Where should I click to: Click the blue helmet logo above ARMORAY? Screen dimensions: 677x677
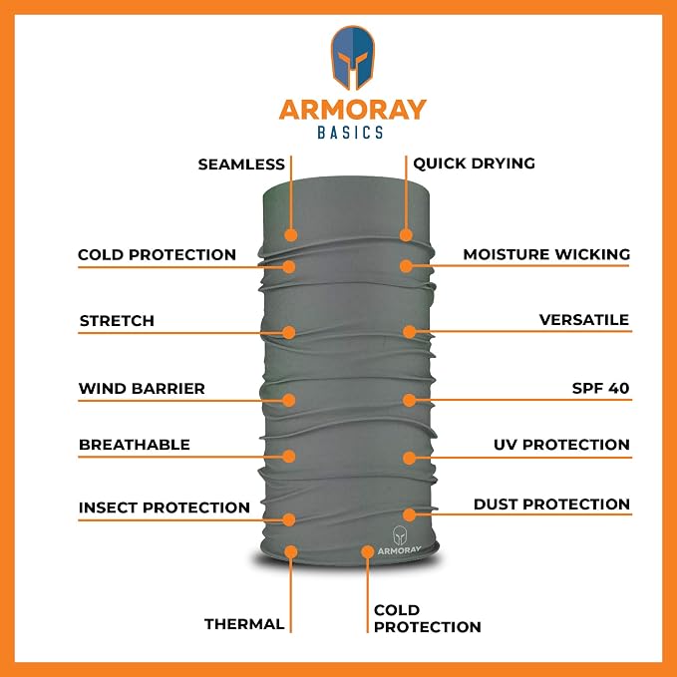coord(352,58)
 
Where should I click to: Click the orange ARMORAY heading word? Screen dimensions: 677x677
coord(352,110)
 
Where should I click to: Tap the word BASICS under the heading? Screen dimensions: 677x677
coord(350,133)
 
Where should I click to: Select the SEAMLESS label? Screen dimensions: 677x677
coord(241,165)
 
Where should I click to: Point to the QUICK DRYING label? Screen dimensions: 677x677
coord(474,164)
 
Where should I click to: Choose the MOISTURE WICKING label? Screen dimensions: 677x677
coord(546,254)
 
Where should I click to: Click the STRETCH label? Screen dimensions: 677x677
coord(117,321)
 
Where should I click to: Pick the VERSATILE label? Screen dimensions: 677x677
coord(584,320)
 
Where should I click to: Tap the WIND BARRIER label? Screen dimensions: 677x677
coord(142,389)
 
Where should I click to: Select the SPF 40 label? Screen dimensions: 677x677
coord(600,388)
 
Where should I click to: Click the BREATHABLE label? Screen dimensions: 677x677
coord(135,445)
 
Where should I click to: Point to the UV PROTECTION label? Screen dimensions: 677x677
coord(561,445)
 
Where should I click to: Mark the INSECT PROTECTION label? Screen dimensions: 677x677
coord(165,508)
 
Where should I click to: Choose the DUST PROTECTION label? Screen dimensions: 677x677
coord(551,505)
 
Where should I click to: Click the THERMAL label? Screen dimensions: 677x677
coord(244,624)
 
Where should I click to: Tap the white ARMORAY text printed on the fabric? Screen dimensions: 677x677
coord(400,550)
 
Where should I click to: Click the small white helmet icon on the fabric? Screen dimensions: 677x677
coord(400,535)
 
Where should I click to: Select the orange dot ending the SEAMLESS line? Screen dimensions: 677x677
coord(291,235)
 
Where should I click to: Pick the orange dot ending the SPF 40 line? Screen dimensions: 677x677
coord(410,400)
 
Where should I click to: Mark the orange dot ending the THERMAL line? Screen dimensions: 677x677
coord(291,551)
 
